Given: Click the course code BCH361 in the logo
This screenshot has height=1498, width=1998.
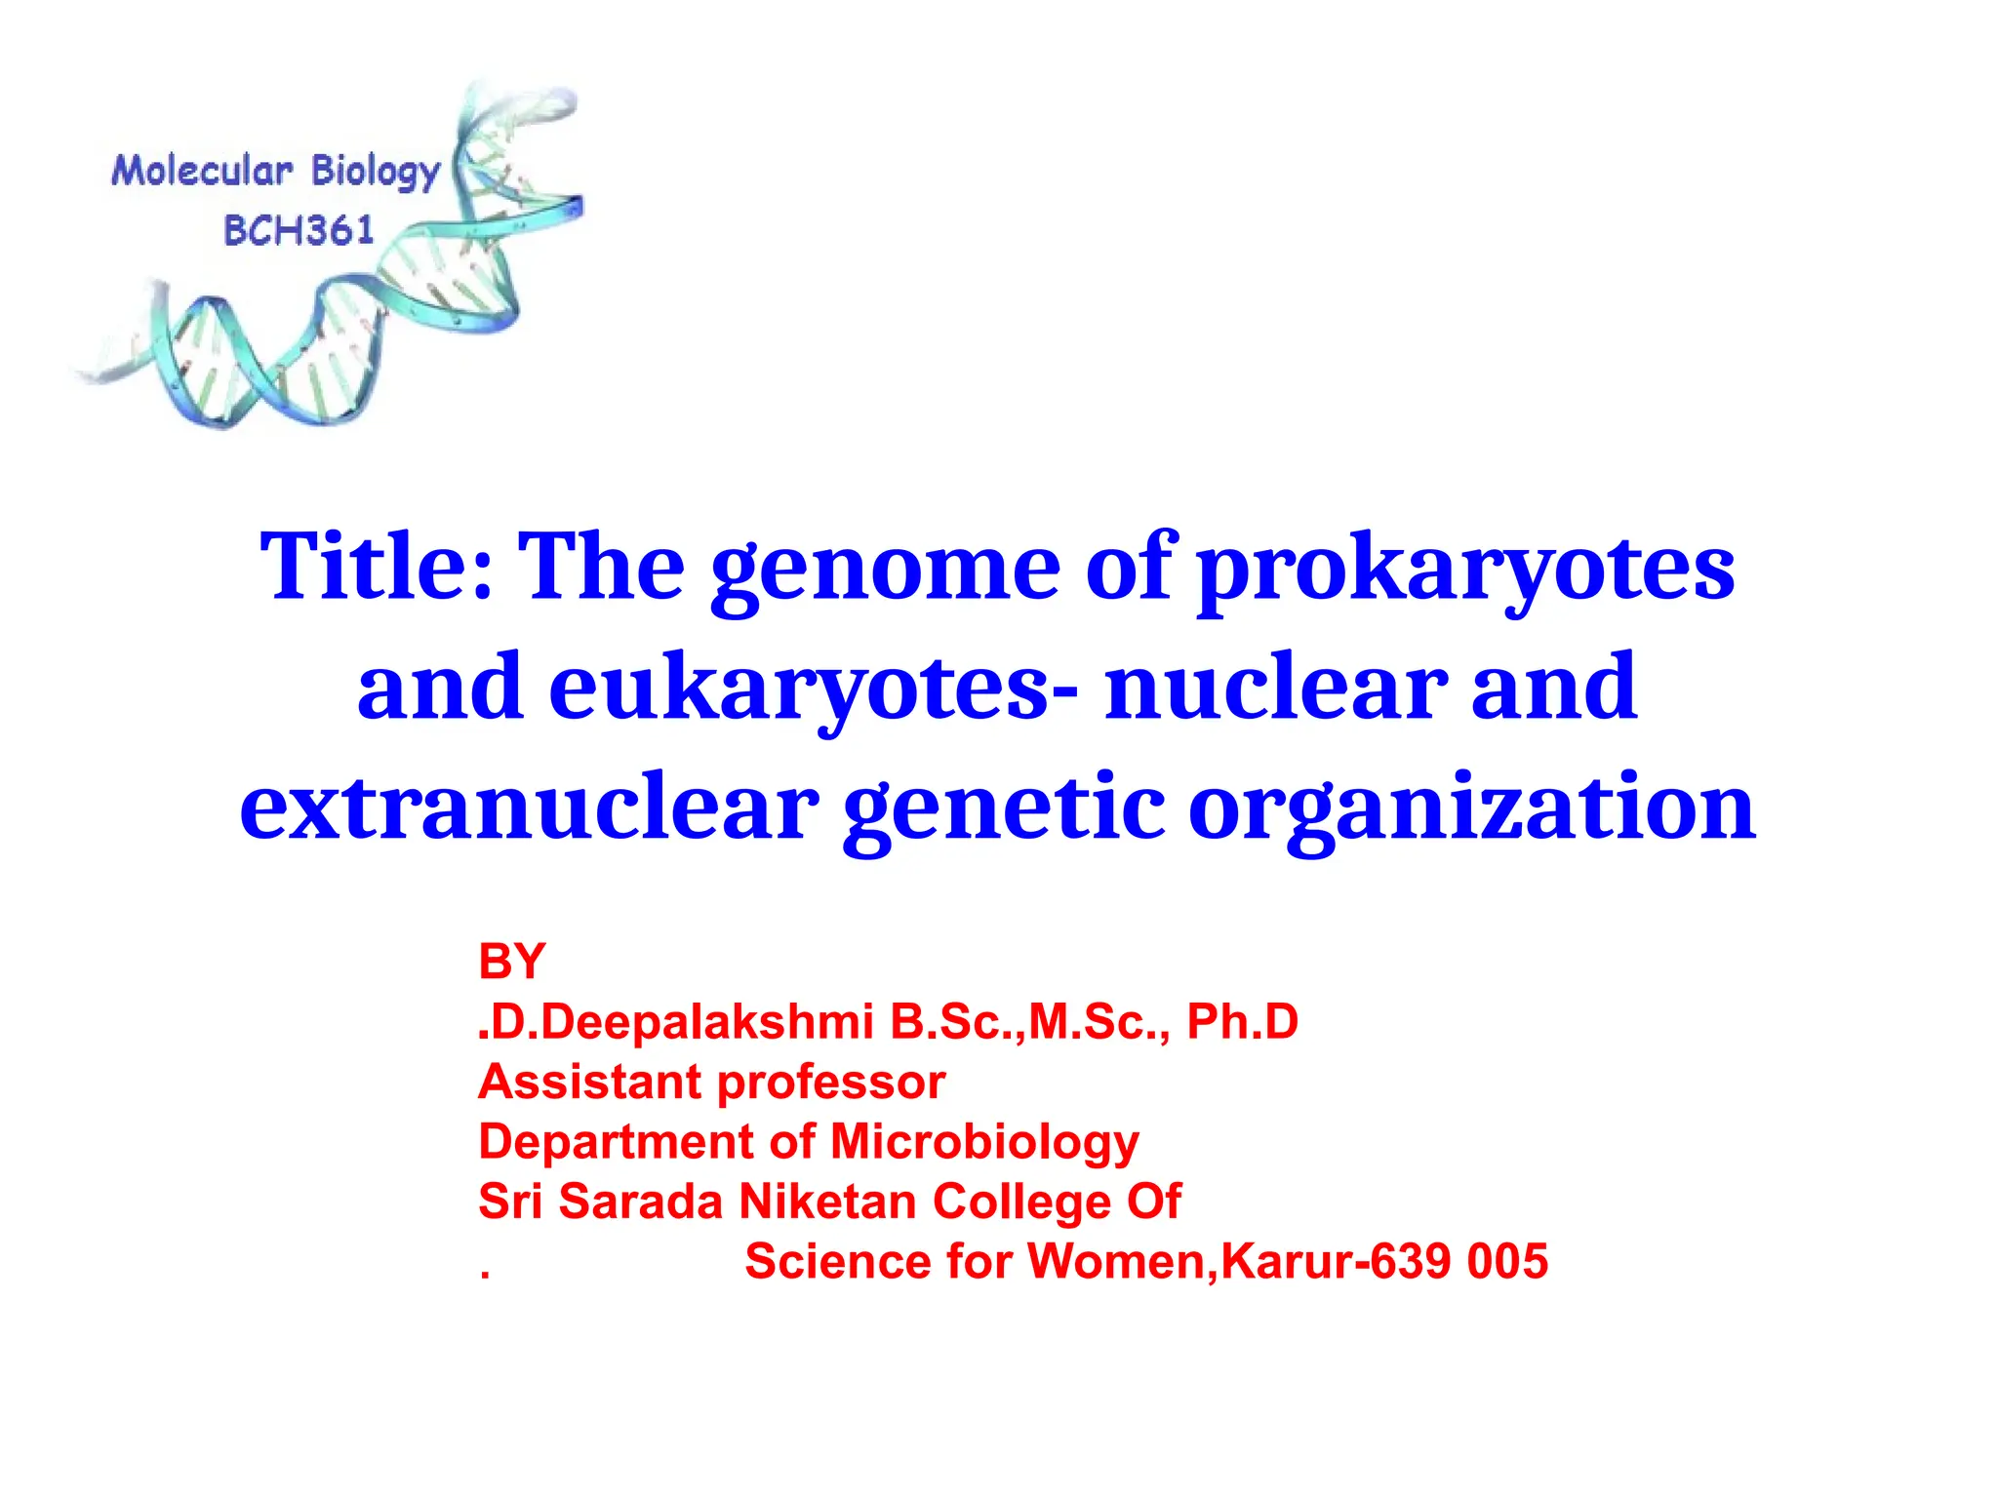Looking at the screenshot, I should tap(299, 231).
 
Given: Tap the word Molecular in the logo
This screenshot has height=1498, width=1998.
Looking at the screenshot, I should tap(202, 172).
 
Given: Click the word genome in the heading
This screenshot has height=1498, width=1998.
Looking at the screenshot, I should tap(885, 570).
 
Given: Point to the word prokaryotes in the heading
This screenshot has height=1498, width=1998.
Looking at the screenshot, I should tap(1466, 570).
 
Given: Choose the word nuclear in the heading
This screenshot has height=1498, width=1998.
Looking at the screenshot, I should tap(1275, 688).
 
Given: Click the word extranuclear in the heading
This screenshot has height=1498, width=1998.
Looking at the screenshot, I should tap(529, 808).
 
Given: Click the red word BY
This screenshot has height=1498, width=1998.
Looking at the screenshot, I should tap(511, 963).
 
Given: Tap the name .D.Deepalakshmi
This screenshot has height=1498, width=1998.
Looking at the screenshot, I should tap(675, 1022).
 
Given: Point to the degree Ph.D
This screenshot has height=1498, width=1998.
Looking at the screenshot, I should tap(1242, 1022).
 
